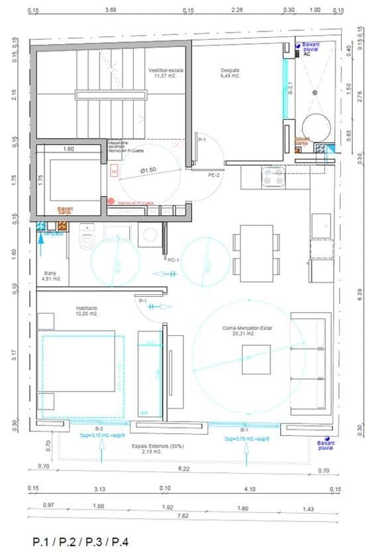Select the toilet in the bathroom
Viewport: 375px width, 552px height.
(87, 236)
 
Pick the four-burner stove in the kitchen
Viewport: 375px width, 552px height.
(274, 176)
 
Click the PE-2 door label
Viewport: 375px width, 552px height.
(214, 176)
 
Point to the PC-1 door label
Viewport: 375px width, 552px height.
(174, 260)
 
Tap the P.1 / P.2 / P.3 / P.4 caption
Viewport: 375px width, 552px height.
(80, 541)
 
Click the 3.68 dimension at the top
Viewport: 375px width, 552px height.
(111, 10)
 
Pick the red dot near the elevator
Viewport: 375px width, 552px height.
(111, 201)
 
